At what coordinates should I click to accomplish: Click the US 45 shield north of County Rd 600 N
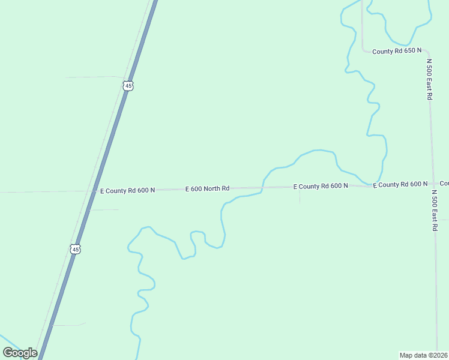[128, 86]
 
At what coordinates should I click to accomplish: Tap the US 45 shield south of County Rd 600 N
[74, 248]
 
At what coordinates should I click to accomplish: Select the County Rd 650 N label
[397, 52]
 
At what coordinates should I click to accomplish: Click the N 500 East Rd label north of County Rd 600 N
[429, 79]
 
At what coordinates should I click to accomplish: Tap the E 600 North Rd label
[207, 188]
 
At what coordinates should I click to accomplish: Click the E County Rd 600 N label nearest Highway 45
[127, 190]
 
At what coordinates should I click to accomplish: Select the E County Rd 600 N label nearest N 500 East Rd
[400, 185]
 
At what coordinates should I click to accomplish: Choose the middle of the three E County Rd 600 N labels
[321, 187]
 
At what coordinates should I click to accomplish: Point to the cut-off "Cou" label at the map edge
[444, 183]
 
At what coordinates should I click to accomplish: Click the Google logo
[20, 353]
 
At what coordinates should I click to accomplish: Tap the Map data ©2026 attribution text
[424, 355]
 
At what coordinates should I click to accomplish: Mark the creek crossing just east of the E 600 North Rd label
[262, 187]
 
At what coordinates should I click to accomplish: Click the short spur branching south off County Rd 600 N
[300, 196]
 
